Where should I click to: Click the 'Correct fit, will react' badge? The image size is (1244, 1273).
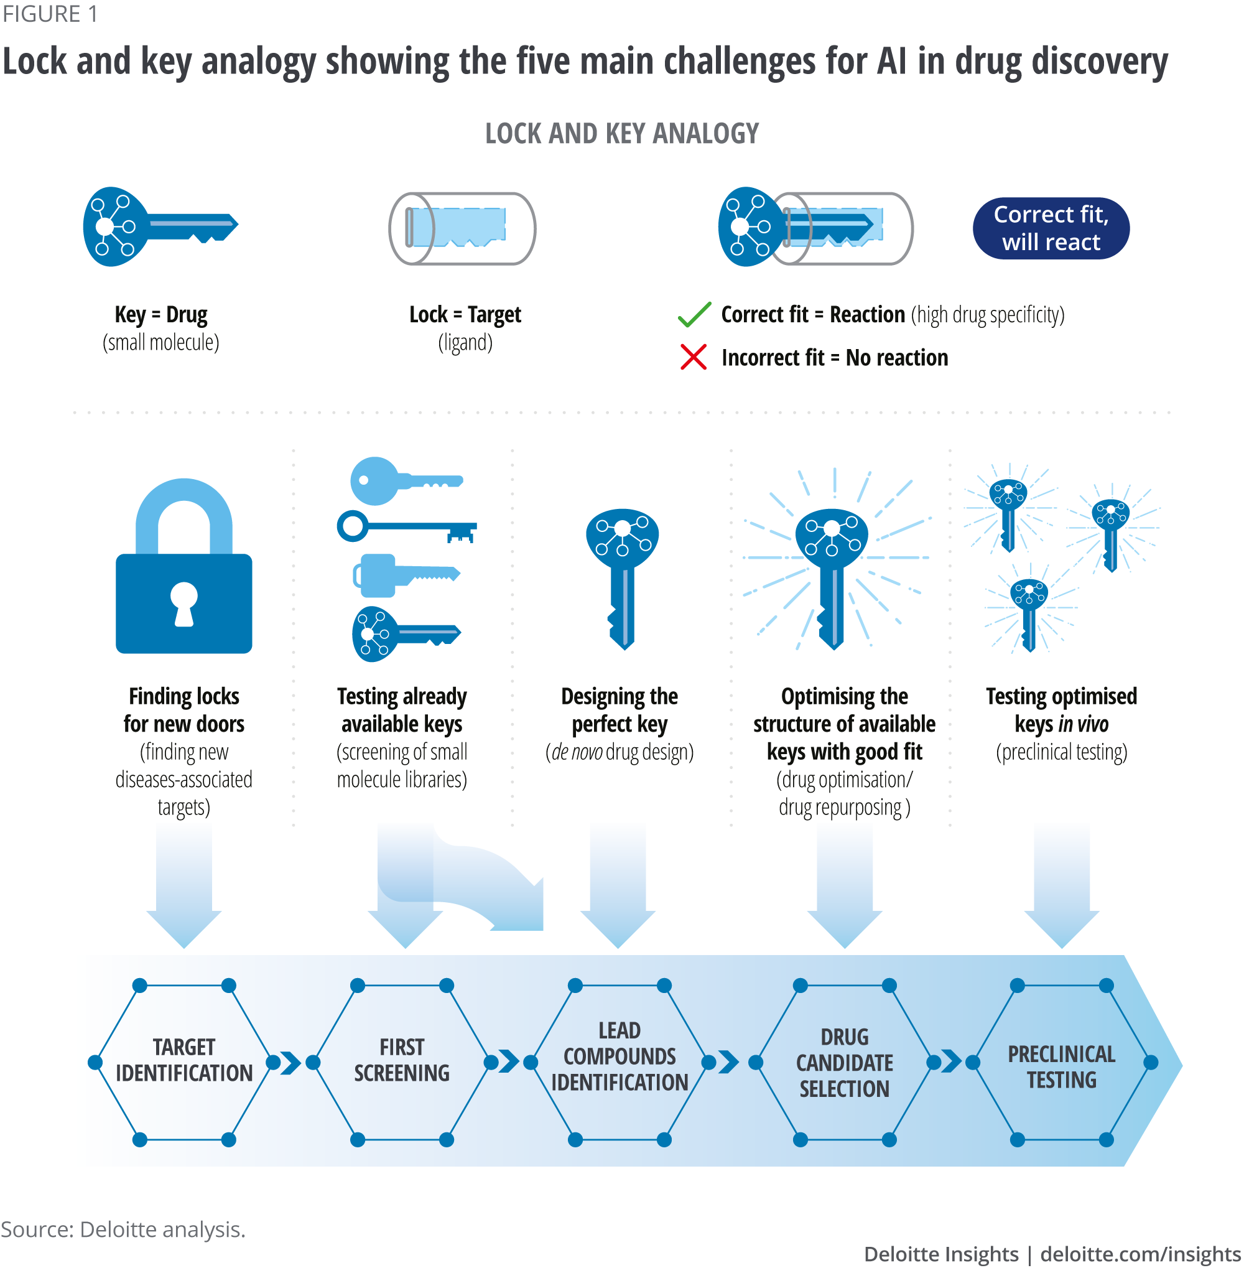(1051, 229)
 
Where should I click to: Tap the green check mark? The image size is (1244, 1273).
(694, 315)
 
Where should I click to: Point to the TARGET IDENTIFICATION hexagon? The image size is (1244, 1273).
(183, 1062)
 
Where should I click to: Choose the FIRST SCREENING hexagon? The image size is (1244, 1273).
(402, 1062)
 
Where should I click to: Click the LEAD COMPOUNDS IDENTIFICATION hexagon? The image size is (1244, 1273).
(620, 1062)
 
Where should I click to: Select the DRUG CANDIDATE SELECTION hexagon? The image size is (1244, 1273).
(844, 1062)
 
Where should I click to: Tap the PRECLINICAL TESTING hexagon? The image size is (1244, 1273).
(1062, 1062)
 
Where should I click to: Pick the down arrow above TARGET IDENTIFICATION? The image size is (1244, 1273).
(183, 882)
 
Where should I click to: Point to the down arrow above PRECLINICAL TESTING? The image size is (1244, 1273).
(1062, 882)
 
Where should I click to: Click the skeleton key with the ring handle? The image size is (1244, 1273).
(406, 527)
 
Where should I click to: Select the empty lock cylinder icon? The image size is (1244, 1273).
(462, 229)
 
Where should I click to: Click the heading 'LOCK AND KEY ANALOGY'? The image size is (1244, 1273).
(622, 134)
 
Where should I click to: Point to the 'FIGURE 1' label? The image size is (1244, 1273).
(50, 14)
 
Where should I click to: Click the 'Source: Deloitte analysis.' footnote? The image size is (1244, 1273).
(123, 1229)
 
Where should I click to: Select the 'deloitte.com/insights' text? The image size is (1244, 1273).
(1140, 1254)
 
